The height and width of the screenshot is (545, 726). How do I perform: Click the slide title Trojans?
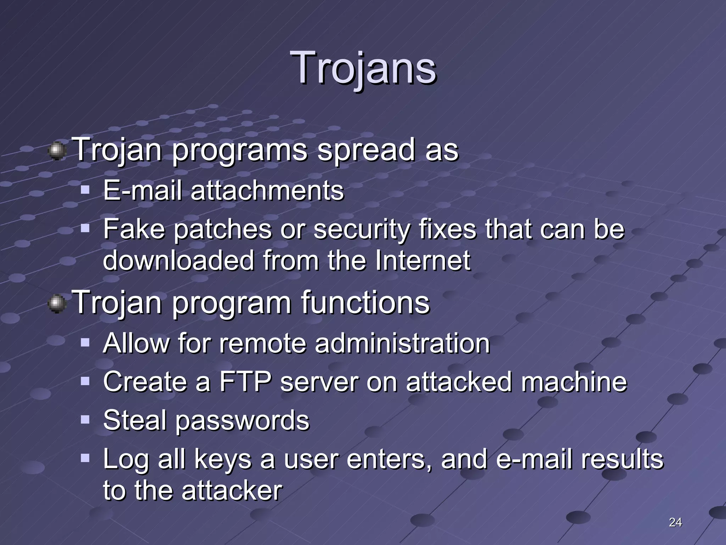click(363, 67)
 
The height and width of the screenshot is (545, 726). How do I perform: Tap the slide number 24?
click(675, 522)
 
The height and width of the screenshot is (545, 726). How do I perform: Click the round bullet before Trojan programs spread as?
click(57, 152)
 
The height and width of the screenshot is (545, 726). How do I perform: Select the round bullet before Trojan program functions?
click(57, 304)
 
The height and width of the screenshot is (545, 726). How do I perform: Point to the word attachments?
click(267, 191)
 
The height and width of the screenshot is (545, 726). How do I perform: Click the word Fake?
click(134, 229)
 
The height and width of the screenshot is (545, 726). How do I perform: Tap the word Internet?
click(423, 261)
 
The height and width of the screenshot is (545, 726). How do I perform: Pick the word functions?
click(365, 303)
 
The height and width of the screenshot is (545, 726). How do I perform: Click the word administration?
click(402, 343)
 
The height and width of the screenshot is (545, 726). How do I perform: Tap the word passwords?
click(242, 421)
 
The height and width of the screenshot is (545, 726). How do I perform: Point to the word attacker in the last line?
click(232, 491)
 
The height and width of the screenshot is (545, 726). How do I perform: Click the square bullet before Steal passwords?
click(85, 420)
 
